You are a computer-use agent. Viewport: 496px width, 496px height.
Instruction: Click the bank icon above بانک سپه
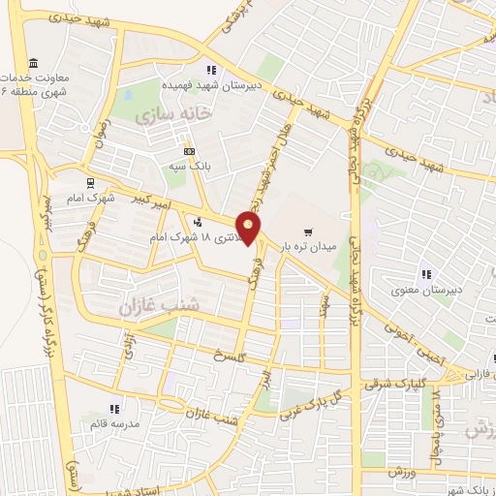point(189,151)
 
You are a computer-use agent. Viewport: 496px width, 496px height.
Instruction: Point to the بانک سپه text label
point(190,165)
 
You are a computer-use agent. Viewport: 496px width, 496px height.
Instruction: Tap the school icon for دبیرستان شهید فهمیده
point(211,69)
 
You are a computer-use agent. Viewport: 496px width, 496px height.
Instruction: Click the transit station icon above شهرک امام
point(90,181)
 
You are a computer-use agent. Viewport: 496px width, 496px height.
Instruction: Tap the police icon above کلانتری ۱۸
point(199,220)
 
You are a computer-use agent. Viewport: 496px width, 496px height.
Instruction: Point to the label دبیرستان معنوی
point(427,290)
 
